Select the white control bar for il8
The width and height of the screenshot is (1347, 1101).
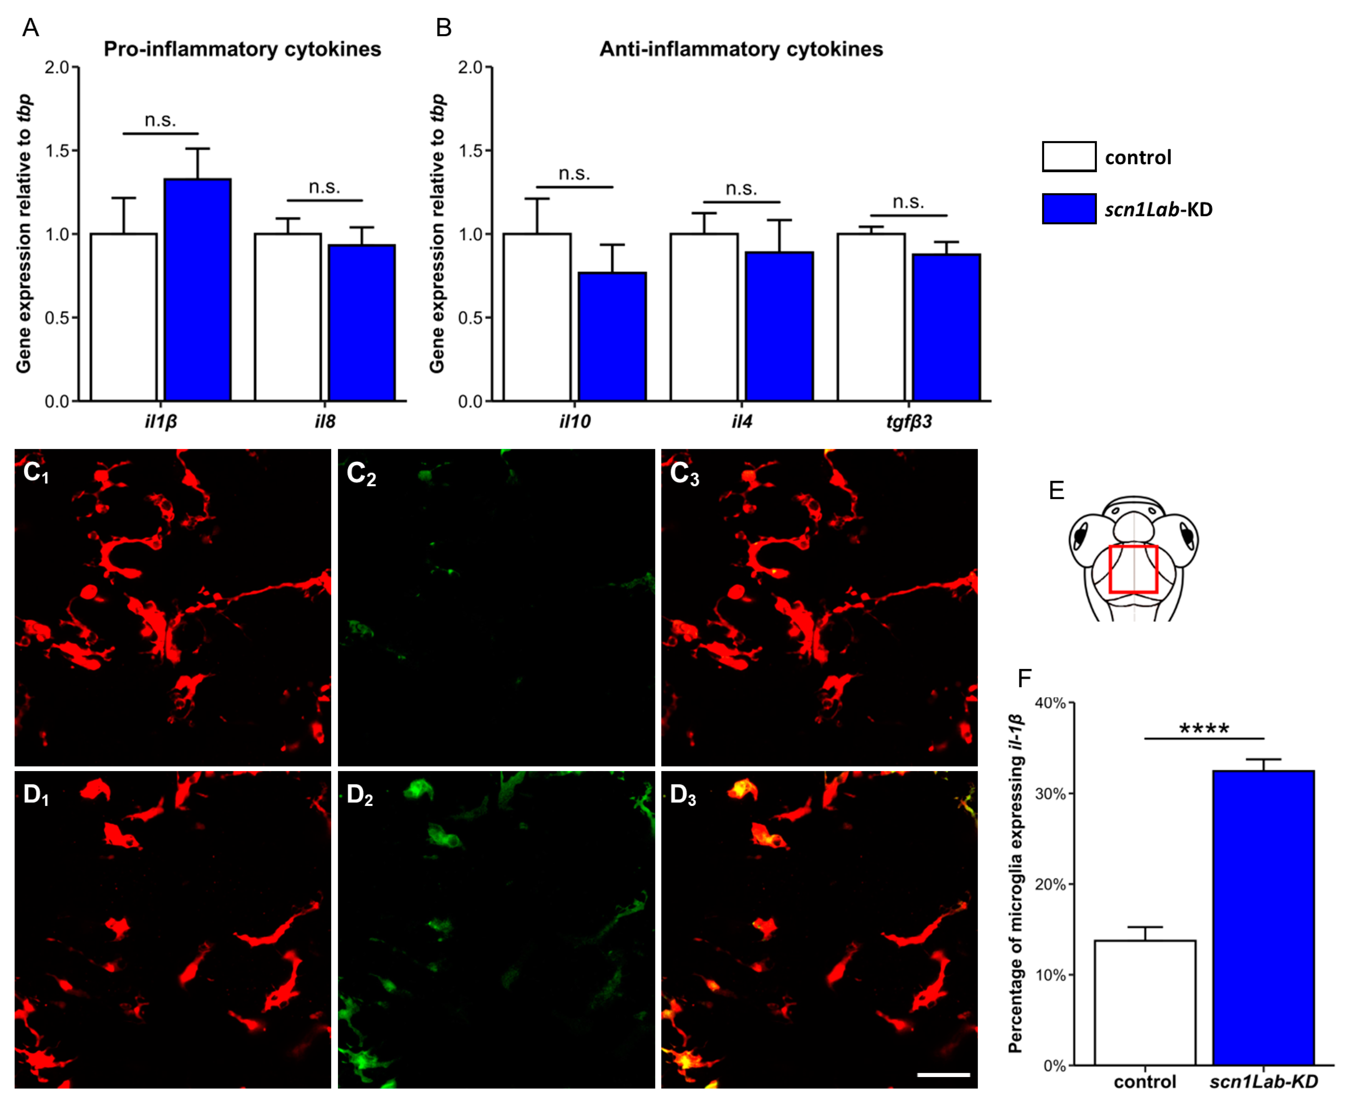coord(288,317)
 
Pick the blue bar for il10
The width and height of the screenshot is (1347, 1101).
coord(612,336)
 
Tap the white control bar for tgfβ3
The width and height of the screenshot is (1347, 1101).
coord(871,317)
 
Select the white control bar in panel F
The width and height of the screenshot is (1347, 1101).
coord(1145,1002)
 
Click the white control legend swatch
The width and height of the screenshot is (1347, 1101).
coord(1069,157)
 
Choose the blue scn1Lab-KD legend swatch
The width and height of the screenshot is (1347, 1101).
coord(1069,209)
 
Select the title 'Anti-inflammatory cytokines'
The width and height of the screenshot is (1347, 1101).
coord(741,49)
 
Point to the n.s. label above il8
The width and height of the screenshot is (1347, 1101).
coord(324,187)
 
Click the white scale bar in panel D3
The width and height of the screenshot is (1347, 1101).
coord(943,1075)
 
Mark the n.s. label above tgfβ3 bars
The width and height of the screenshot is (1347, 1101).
coord(908,202)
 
